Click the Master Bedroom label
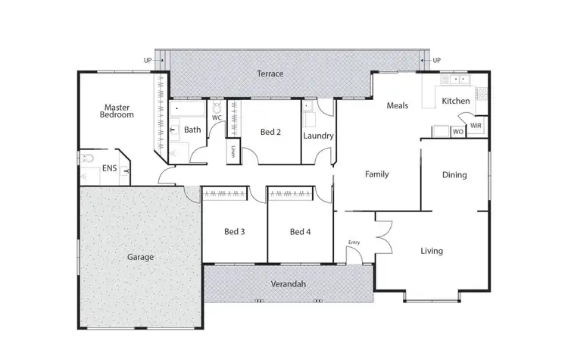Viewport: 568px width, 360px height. coord(119,111)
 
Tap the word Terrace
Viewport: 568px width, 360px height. coord(270,74)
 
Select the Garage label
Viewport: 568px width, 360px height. coord(140,257)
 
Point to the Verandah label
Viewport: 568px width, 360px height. coord(288,284)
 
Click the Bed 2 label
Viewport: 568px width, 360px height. coord(270,132)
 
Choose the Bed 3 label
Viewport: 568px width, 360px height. coord(234,231)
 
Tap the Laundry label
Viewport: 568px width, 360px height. coord(318,136)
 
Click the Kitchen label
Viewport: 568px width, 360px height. coord(456,101)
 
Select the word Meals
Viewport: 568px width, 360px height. coord(398,105)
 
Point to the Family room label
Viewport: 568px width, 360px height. coord(377,174)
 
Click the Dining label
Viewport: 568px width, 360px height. coord(454,175)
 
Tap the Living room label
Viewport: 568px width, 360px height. coord(432,251)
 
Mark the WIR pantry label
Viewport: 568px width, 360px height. coord(476,125)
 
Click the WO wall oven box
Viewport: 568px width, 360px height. coord(457,132)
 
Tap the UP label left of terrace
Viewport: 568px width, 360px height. coord(148,60)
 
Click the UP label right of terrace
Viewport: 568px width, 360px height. coord(436,60)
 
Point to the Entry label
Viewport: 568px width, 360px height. coord(354,243)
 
